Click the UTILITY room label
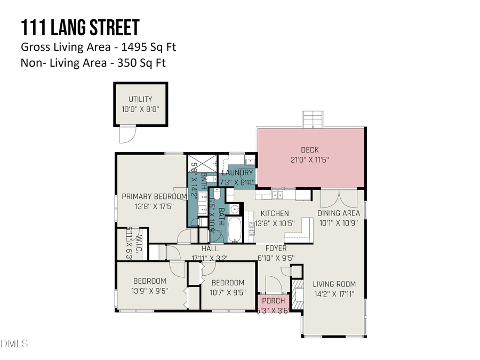click(x=140, y=99)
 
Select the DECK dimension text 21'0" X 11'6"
click(x=312, y=160)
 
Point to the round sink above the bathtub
click(x=235, y=209)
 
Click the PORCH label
click(x=274, y=301)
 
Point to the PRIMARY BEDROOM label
click(x=154, y=196)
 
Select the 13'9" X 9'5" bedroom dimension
click(x=149, y=291)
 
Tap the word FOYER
click(x=276, y=249)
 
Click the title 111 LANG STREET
click(x=80, y=28)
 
